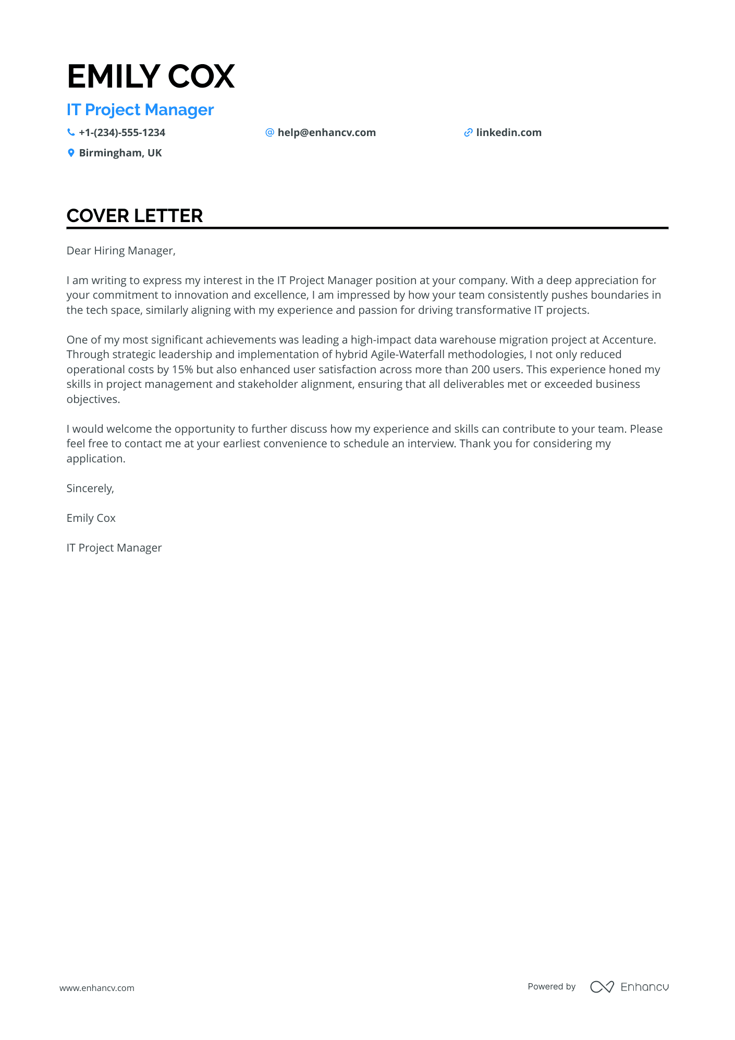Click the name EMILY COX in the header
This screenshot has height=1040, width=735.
151,76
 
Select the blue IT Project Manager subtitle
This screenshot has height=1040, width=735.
140,110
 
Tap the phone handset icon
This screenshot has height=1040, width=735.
71,132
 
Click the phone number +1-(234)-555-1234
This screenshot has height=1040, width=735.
122,132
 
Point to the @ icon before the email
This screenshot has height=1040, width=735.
269,132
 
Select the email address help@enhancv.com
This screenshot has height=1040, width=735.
326,132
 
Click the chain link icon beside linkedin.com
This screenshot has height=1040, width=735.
468,132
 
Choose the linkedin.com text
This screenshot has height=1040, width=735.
509,132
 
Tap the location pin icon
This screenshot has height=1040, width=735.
71,153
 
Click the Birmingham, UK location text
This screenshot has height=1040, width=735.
120,153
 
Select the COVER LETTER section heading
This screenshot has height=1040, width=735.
134,216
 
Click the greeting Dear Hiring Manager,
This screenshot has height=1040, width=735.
121,251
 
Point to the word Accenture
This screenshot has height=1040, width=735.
628,340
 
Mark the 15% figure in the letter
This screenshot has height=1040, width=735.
182,370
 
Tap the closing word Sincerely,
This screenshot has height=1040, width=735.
90,488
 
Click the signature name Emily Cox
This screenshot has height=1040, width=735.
91,518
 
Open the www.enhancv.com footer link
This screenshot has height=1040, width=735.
97,988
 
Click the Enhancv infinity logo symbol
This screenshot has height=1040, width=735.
602,987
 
